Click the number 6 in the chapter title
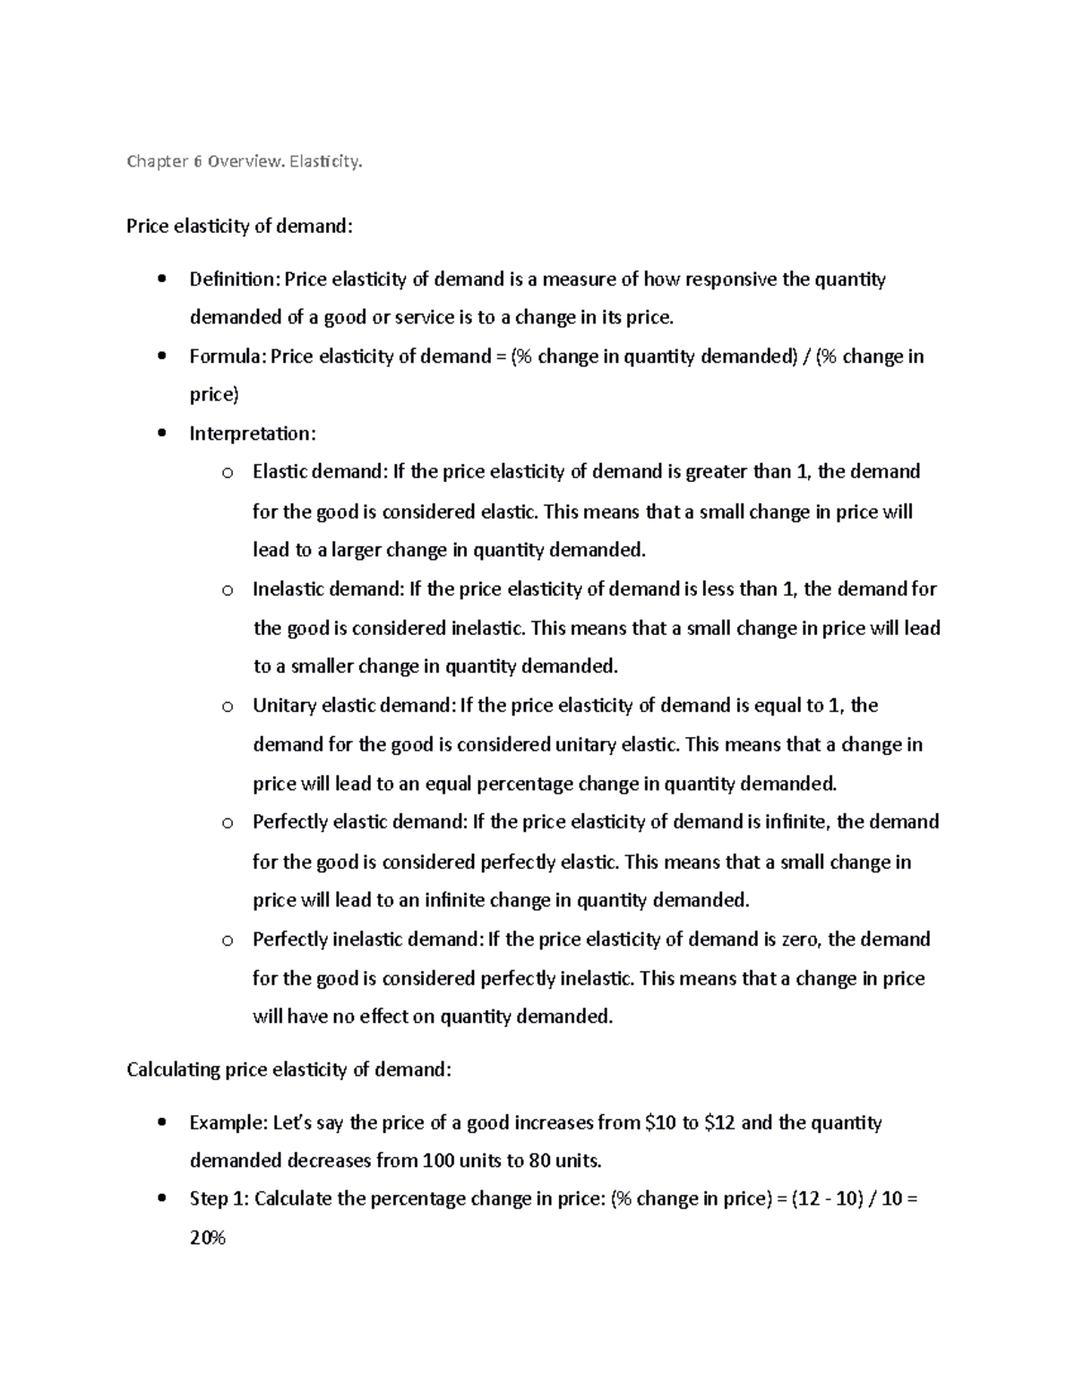click(196, 162)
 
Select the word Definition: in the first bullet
click(235, 279)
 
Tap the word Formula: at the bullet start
click(228, 356)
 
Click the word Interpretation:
click(253, 434)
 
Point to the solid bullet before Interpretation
click(161, 434)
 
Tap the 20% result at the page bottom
click(208, 1239)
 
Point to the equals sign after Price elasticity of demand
click(500, 357)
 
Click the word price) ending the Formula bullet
click(214, 395)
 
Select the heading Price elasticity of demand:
click(239, 227)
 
